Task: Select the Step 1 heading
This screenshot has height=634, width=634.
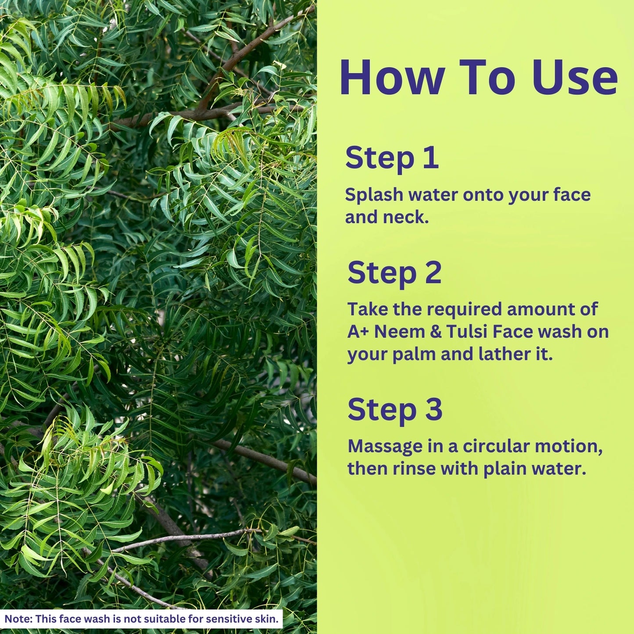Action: click(x=392, y=158)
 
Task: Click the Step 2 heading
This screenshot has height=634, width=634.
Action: click(x=394, y=273)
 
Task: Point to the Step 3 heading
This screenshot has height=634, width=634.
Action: click(x=395, y=410)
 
